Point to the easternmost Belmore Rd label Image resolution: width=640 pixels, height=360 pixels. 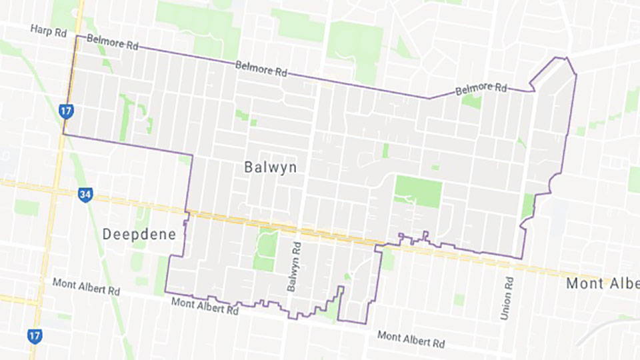point(481,88)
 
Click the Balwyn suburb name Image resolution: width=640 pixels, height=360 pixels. point(270,167)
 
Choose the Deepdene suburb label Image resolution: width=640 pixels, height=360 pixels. point(140,234)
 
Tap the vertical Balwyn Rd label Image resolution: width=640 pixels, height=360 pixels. point(294,266)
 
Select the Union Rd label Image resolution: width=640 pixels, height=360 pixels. point(509,298)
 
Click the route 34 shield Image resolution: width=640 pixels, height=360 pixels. point(85,195)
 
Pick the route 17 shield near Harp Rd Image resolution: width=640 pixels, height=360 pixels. point(65,111)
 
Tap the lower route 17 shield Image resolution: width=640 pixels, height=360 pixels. point(35,335)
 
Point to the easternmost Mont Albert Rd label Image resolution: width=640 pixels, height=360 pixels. point(411,339)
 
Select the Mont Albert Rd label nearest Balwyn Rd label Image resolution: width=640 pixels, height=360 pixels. point(205,306)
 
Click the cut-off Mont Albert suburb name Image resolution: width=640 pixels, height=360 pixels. point(602,283)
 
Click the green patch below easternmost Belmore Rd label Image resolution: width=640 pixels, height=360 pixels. point(471,101)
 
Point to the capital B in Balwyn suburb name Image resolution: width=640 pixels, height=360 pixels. point(247,167)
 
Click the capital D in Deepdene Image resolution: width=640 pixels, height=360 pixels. point(109,234)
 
